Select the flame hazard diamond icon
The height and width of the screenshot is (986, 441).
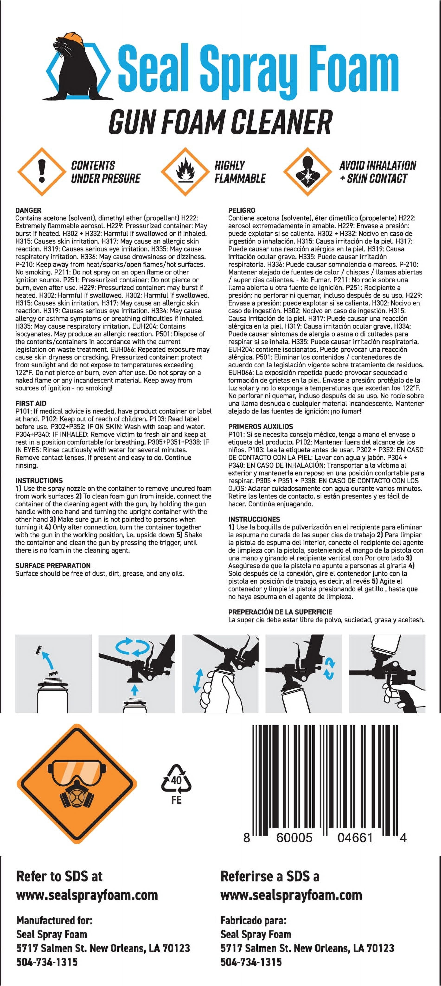click(x=185, y=172)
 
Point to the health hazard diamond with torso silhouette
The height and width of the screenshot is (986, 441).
click(x=307, y=172)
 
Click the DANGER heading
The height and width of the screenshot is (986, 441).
click(x=28, y=210)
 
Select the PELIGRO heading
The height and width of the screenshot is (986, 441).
click(x=242, y=210)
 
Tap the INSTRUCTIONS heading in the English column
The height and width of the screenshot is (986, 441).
click(x=39, y=480)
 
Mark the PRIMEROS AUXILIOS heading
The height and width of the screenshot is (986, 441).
click(x=261, y=426)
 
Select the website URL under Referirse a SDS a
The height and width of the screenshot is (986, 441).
click(x=291, y=895)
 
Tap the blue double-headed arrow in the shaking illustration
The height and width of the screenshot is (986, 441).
click(x=197, y=681)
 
